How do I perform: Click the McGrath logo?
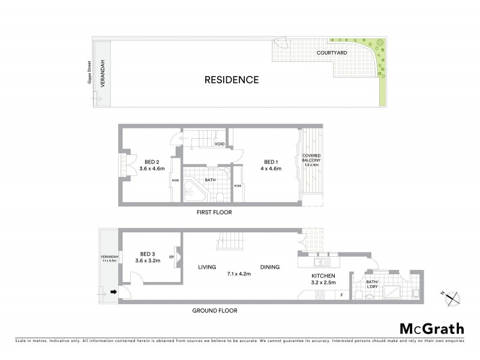(x=432, y=328)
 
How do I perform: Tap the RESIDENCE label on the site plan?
(x=232, y=79)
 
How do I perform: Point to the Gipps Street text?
(x=89, y=73)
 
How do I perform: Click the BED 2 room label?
(x=152, y=162)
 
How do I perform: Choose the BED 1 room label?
(x=271, y=162)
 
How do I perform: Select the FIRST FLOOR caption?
(x=214, y=212)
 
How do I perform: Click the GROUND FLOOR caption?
(x=214, y=311)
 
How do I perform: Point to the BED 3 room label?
(x=148, y=253)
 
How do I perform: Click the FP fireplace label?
(x=172, y=257)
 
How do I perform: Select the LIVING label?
(x=207, y=267)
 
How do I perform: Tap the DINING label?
(x=270, y=267)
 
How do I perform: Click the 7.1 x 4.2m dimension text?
(x=238, y=274)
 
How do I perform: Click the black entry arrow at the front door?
(x=113, y=292)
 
